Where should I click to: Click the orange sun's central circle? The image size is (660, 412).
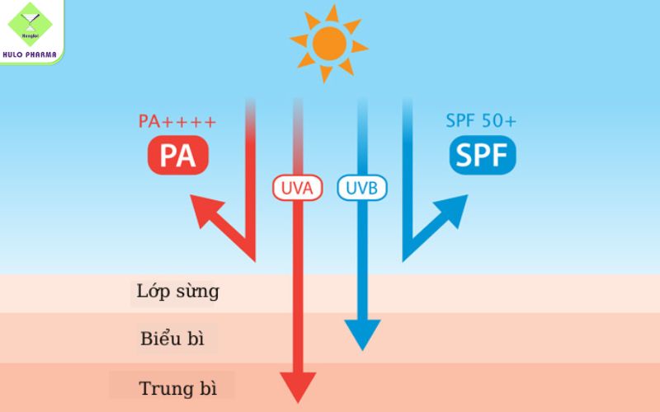point(329,41)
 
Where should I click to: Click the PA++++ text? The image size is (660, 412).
point(177,122)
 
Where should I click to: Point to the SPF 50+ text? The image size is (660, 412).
point(481,120)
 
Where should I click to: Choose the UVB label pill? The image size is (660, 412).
point(362,188)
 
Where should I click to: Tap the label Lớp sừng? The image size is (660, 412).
point(177,291)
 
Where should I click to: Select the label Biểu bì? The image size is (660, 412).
point(172,339)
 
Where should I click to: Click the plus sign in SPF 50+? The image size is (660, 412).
point(511,121)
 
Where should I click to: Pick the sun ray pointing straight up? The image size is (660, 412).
point(331,11)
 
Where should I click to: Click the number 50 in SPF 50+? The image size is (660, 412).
point(492,120)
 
